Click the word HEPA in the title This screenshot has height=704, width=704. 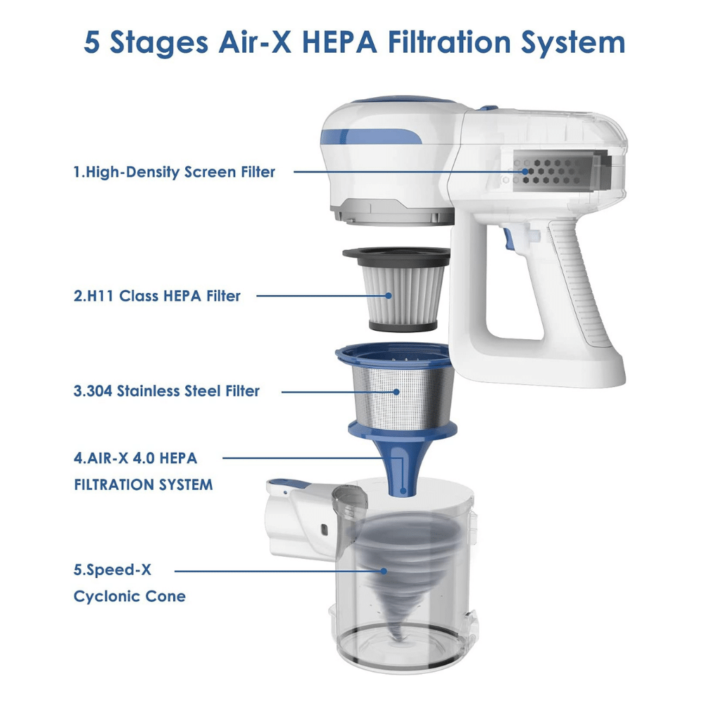click(339, 42)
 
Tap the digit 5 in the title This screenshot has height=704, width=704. click(92, 43)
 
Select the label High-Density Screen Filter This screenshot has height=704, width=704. click(174, 172)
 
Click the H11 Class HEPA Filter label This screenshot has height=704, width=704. click(157, 296)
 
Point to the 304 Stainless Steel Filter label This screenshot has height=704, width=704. click(167, 391)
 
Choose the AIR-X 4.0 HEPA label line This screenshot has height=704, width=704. click(136, 458)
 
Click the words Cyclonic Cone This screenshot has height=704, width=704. click(130, 596)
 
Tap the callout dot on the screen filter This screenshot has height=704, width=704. click(525, 172)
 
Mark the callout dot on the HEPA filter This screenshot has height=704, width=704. click(389, 296)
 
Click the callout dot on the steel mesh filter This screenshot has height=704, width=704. click(396, 392)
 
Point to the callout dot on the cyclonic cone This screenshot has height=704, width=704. click(384, 571)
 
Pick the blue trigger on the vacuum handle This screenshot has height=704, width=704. click(509, 239)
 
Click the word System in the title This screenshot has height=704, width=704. click(573, 43)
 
